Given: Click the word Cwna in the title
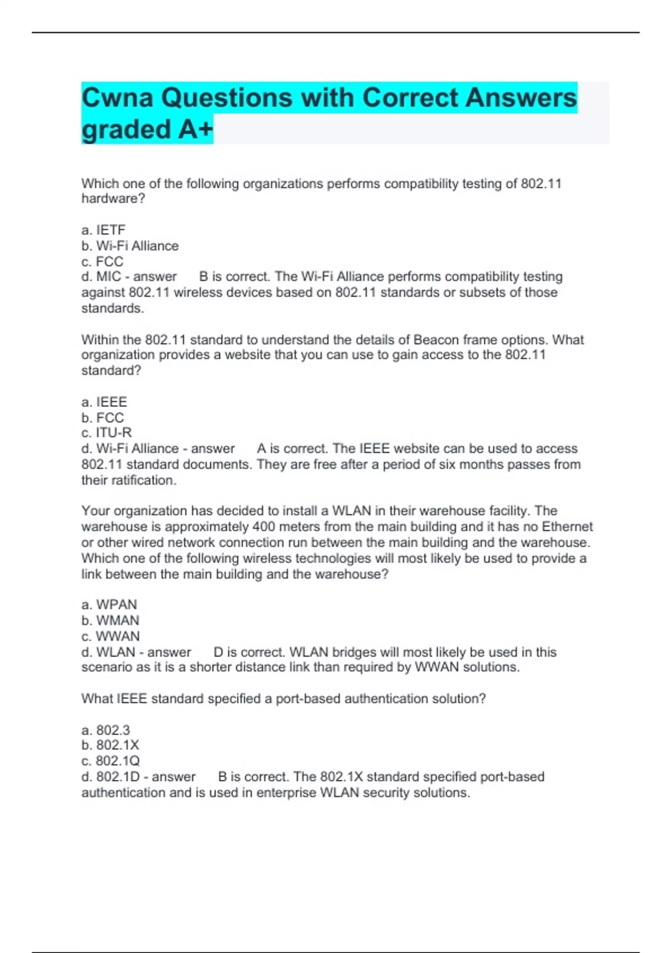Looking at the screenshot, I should click(117, 98).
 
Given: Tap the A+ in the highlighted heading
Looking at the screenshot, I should click(195, 129).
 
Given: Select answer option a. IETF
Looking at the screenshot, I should click(104, 230).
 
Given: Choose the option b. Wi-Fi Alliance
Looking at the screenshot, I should click(130, 246).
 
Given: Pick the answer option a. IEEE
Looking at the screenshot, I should click(104, 402).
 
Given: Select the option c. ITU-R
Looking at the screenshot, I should click(106, 433).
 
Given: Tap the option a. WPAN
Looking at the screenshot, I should click(109, 604).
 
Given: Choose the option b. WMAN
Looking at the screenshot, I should click(110, 620).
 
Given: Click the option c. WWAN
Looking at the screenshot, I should click(110, 636).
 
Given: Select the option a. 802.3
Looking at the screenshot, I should click(106, 730).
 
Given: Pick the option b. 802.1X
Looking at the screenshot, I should click(110, 745).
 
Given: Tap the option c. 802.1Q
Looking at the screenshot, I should click(110, 761).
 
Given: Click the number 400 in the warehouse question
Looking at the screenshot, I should click(263, 527).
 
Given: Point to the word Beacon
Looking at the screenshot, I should click(435, 340).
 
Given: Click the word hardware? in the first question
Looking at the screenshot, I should click(113, 198).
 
